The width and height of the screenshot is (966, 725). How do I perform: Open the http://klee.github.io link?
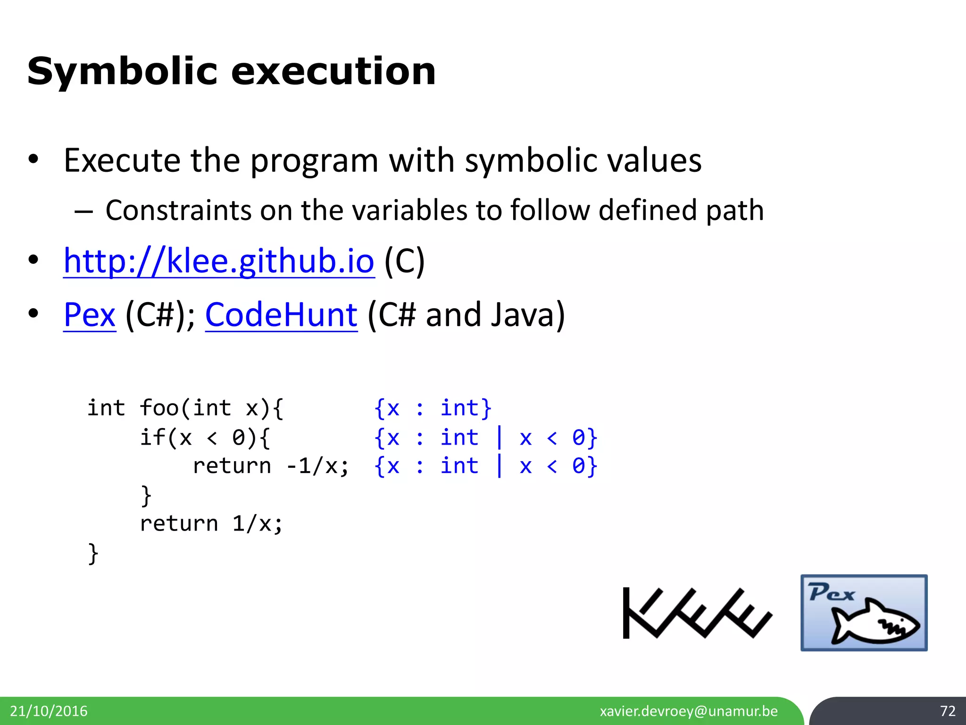coord(219,261)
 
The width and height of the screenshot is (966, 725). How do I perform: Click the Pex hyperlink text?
coord(90,315)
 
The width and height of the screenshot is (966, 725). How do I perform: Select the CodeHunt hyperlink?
coord(281,315)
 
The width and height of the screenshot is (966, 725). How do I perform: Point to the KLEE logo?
coord(697,613)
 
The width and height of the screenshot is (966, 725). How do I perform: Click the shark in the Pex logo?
coord(875,622)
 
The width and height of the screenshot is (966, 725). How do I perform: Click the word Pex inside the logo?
coord(832,593)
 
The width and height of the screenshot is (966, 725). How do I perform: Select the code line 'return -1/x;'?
coord(271,466)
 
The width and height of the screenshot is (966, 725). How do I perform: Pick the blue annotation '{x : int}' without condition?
coord(433,408)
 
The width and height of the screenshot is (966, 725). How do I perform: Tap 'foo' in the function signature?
coord(159,408)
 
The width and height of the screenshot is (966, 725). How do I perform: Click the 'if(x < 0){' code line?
coord(205,438)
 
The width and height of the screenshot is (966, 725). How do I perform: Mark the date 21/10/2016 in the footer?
coord(49,711)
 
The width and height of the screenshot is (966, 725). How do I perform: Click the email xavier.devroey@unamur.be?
coord(689,711)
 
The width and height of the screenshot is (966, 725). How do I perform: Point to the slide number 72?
coord(947,711)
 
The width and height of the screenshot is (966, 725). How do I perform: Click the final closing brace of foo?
coord(93,553)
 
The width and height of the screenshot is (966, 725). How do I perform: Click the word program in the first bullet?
coord(314,160)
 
